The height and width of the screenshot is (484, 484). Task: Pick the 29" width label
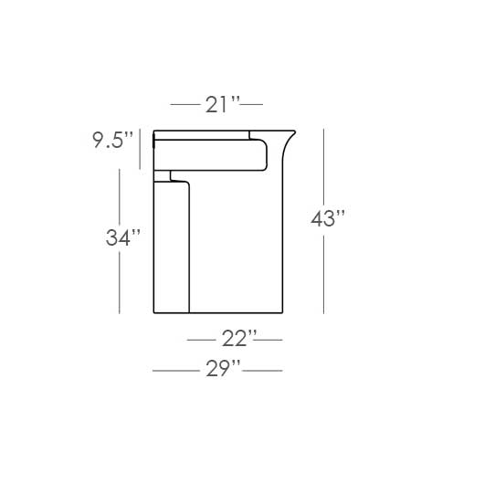(x=223, y=370)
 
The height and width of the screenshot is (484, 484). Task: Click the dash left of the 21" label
(x=184, y=104)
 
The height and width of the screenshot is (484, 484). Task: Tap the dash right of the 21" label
(x=250, y=104)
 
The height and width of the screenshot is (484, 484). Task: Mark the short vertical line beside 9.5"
(x=140, y=149)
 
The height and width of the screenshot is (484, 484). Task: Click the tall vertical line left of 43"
(x=323, y=219)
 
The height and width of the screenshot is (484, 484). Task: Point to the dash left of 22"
(x=201, y=340)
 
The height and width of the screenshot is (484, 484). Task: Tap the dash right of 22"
(x=270, y=340)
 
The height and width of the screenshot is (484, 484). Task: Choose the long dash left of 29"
(x=175, y=371)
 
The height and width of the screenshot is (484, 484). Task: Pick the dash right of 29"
(x=263, y=371)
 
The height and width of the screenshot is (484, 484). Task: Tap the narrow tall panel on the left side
(x=171, y=247)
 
